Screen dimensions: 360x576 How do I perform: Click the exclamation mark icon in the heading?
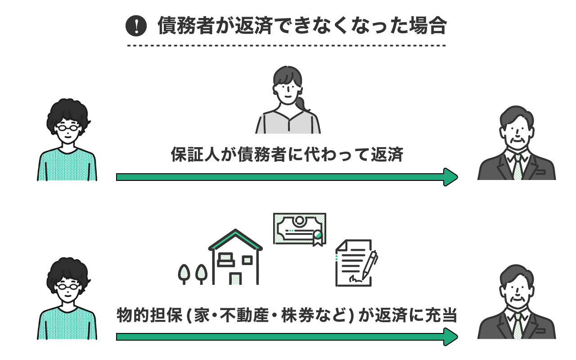click(136, 27)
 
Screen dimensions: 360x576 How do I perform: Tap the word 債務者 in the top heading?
click(180, 27)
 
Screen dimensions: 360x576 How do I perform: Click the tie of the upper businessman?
click(517, 167)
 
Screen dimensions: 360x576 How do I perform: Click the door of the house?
click(235, 279)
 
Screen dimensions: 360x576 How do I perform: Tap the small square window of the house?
click(247, 260)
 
